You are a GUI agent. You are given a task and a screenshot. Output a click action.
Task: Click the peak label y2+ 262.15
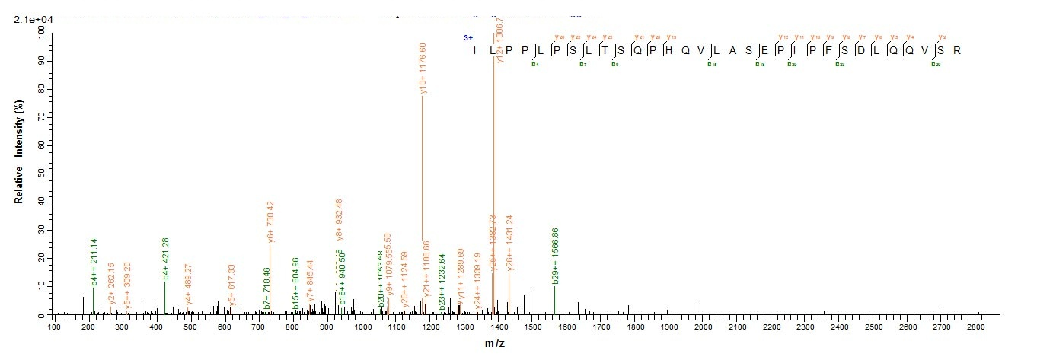(112, 291)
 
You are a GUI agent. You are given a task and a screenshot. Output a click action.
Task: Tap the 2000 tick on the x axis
(702, 327)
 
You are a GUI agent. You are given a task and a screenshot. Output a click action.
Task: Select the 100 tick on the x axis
(54, 327)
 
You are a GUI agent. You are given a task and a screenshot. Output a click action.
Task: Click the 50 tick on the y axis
(42, 174)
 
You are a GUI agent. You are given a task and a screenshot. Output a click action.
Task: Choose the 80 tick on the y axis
(42, 88)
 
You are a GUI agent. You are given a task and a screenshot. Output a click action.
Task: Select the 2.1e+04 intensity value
(30, 20)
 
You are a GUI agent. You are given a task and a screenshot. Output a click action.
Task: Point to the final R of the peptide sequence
(957, 51)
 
